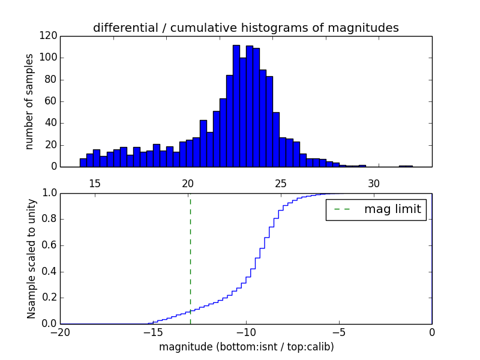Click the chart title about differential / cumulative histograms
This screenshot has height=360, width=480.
coord(245,28)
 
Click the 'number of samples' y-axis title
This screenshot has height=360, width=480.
coord(29,101)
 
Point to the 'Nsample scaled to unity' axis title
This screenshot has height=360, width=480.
coord(31,259)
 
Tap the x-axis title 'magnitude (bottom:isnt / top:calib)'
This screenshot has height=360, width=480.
coord(246,347)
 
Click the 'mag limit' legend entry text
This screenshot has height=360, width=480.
coord(392,209)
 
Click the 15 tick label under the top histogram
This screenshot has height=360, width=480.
coord(95,183)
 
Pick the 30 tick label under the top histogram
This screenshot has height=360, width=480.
coord(374,183)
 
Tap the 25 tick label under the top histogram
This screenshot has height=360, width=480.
coord(281,183)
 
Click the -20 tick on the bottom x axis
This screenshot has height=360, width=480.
coord(60,332)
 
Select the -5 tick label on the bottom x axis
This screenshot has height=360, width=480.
coord(339,332)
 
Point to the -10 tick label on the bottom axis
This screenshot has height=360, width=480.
coord(246,332)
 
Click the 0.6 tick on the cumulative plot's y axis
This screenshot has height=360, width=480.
coord(49,245)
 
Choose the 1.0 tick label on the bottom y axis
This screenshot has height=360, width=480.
coord(49,193)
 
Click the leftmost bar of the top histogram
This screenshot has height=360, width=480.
coord(83,163)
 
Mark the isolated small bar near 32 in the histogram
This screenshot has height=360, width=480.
coord(406,166)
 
